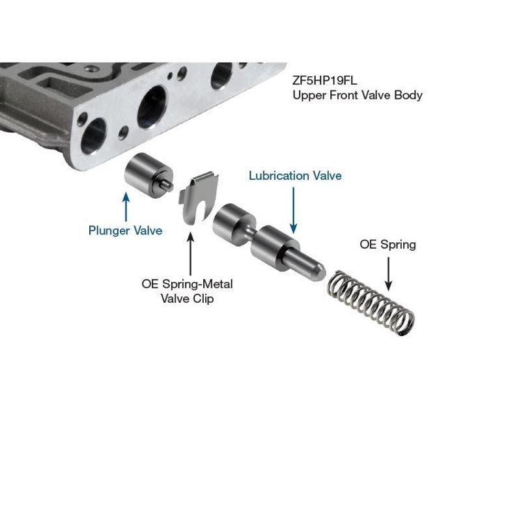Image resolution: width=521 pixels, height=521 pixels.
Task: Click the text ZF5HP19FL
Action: (x=324, y=80)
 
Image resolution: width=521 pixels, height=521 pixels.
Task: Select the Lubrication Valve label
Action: (x=295, y=175)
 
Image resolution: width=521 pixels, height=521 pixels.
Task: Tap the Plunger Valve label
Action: (x=125, y=231)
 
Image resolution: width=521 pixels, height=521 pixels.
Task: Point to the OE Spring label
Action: (x=387, y=245)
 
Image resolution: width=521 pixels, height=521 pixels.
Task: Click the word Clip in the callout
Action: (x=203, y=298)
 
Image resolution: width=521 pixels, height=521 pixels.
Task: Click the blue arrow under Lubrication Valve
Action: (x=294, y=210)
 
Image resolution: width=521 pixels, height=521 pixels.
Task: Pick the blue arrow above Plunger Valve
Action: (x=126, y=206)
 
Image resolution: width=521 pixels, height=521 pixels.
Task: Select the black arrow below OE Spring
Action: (x=388, y=274)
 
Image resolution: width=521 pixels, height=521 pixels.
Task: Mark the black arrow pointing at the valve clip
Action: (x=190, y=253)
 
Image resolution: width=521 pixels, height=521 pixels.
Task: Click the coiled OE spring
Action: (x=371, y=303)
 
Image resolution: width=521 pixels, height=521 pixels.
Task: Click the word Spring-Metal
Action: (x=197, y=284)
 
